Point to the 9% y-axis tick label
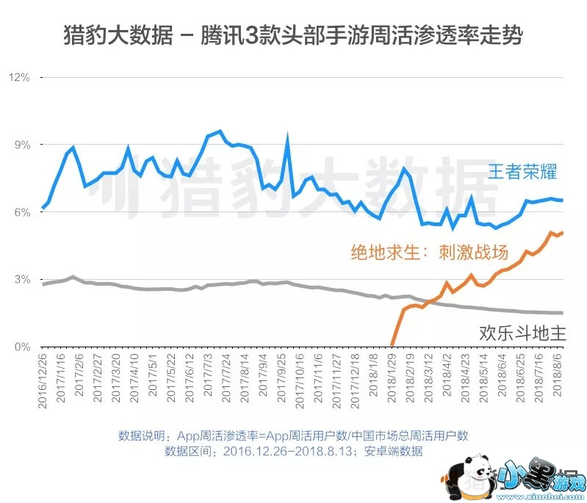(x=21, y=145)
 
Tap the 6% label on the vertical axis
(x=21, y=212)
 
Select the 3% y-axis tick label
(x=21, y=280)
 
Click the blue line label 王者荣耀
(x=522, y=173)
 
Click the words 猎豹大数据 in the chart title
(x=115, y=35)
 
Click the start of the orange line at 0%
(x=392, y=345)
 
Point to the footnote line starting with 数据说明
(x=293, y=435)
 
